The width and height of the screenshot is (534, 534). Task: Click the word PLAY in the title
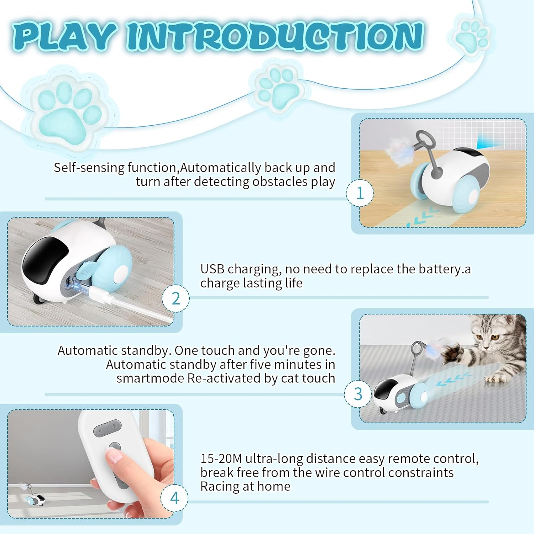tap(64, 36)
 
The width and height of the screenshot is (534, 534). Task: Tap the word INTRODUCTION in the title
tap(275, 36)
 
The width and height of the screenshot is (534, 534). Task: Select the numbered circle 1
tap(360, 193)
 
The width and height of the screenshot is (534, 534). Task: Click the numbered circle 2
tap(176, 298)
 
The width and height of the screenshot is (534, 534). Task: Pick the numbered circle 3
tap(358, 394)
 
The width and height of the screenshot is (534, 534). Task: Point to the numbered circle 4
tap(174, 498)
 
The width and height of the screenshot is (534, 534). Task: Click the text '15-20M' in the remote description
tap(221, 459)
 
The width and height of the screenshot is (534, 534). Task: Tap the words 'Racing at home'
tap(245, 486)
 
